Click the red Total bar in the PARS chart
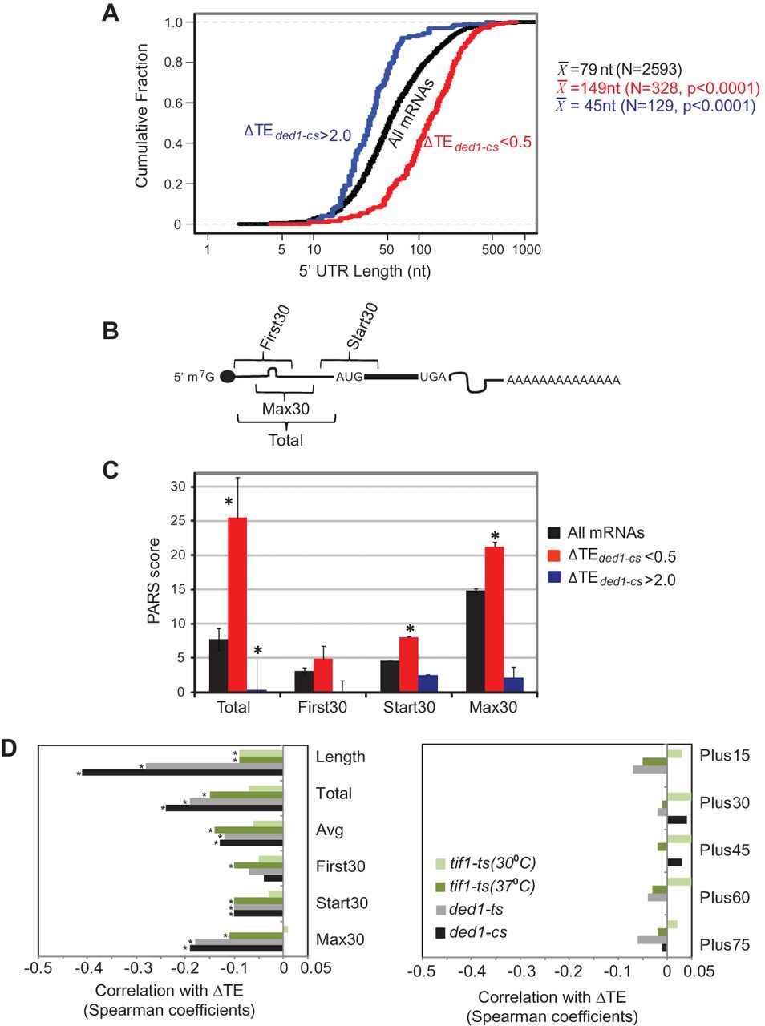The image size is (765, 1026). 237,604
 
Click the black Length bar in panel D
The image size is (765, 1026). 183,773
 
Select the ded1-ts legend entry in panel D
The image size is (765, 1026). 476,910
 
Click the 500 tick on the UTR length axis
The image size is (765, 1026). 492,249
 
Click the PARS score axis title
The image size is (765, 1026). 154,582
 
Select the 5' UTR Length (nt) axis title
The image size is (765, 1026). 365,271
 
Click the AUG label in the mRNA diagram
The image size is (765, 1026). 349,377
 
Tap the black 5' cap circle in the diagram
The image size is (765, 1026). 228,377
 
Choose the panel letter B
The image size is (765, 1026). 111,330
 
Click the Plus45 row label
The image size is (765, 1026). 724,850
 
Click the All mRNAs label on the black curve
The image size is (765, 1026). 411,114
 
